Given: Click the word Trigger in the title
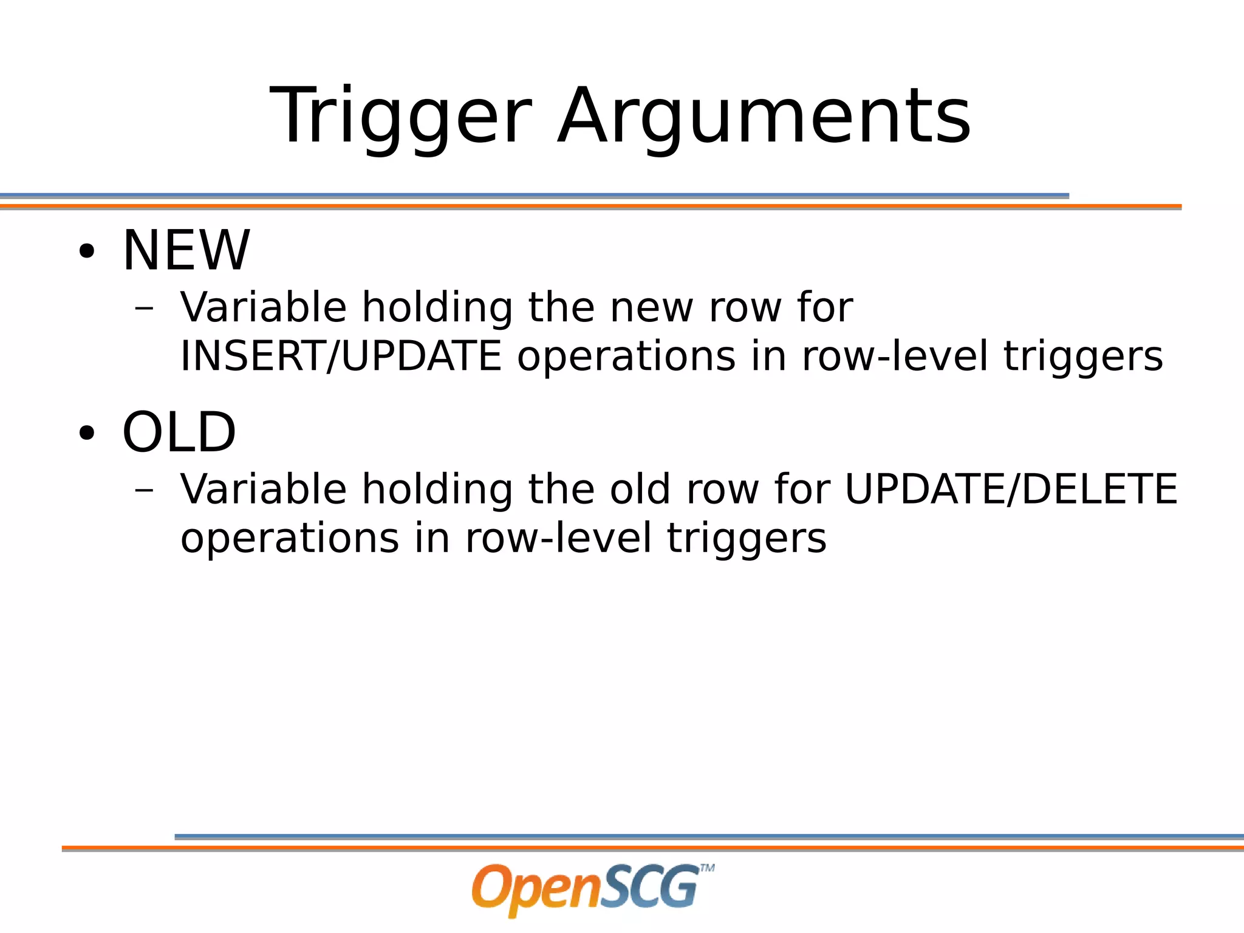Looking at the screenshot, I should pos(401,117).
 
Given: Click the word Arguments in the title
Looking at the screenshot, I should pos(764,117).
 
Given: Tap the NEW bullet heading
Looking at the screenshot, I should pos(186,250).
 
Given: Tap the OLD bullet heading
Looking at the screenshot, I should pos(179,432).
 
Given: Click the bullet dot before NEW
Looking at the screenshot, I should pos(87,251).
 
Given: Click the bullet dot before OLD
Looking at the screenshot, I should pos(87,434).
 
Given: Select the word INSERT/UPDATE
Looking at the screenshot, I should pos(341,356).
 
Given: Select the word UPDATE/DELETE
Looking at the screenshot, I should pos(1011,489).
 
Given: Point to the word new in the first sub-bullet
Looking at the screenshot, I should pos(651,307).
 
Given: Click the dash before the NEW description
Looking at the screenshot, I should pos(144,309).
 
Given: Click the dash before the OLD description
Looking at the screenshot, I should pos(144,490).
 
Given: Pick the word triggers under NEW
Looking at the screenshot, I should pos(1083,357).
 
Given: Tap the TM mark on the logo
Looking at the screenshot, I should pos(707,868).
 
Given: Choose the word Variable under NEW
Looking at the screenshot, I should pos(263,307).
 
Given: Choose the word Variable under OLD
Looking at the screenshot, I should pos(263,489).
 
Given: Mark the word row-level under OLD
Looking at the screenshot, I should pos(558,538).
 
